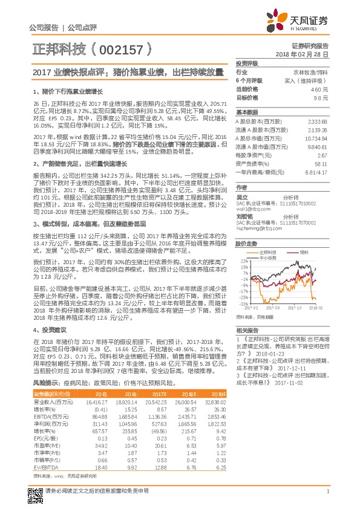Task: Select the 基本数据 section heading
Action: [x=246, y=112]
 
